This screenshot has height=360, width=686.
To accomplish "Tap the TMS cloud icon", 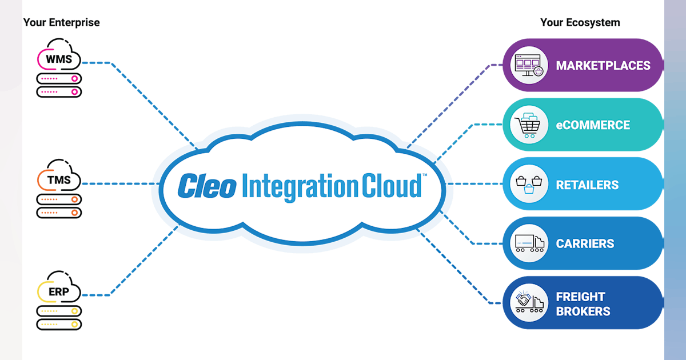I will tap(59, 179).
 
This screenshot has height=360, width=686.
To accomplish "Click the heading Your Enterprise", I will tap(61, 23).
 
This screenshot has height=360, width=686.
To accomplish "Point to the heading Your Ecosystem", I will tap(580, 23).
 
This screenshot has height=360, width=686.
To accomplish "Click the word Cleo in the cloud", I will tap(206, 186).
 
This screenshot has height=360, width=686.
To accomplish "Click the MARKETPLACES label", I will tap(603, 65).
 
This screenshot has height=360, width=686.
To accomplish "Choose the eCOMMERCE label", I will tap(593, 125).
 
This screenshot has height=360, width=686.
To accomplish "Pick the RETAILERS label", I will tap(587, 185).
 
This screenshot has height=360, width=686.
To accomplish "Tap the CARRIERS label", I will tap(585, 243).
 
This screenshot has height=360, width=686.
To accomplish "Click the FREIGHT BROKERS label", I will tap(583, 304).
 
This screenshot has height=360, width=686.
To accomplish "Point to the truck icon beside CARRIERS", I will tap(529, 243).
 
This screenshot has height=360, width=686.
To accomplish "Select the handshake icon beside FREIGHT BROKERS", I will tap(529, 303).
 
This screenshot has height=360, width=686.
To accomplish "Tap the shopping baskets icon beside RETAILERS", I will tap(529, 185).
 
